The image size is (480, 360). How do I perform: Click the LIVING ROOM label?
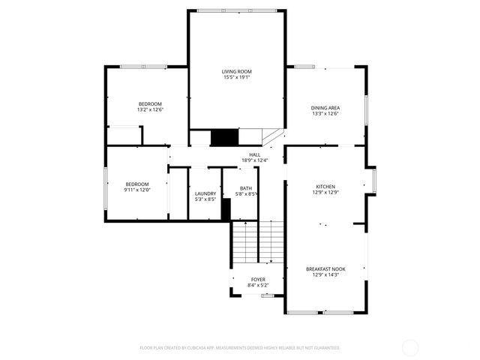pyautogui.click(x=235, y=71)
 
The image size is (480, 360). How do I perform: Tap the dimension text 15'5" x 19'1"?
pyautogui.click(x=235, y=77)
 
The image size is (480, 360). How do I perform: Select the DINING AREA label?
pyautogui.click(x=325, y=108)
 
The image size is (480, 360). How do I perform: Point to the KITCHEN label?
pyautogui.click(x=325, y=187)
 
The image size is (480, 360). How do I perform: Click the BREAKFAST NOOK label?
pyautogui.click(x=325, y=268)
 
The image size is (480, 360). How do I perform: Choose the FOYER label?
pyautogui.click(x=257, y=279)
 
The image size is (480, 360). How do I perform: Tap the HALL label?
pyautogui.click(x=255, y=154)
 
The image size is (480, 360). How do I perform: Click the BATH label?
pyautogui.click(x=246, y=188)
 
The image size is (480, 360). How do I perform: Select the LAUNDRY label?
pyautogui.click(x=205, y=193)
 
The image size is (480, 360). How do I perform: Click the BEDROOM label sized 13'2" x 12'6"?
pyautogui.click(x=150, y=103)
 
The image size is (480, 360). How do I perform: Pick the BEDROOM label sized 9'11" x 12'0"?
pyautogui.click(x=137, y=184)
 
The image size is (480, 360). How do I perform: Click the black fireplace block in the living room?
pyautogui.click(x=223, y=137)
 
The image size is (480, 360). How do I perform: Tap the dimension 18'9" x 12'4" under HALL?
pyautogui.click(x=255, y=160)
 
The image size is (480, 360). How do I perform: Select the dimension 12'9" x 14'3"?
pyautogui.click(x=325, y=274)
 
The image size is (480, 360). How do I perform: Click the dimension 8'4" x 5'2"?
pyautogui.click(x=257, y=285)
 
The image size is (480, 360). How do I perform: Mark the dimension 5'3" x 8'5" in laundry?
pyautogui.click(x=205, y=199)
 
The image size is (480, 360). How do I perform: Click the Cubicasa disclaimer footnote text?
pyautogui.click(x=240, y=348)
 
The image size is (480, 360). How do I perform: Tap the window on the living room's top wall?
pyautogui.click(x=235, y=10)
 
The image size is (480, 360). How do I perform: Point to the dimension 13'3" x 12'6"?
pyautogui.click(x=325, y=114)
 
